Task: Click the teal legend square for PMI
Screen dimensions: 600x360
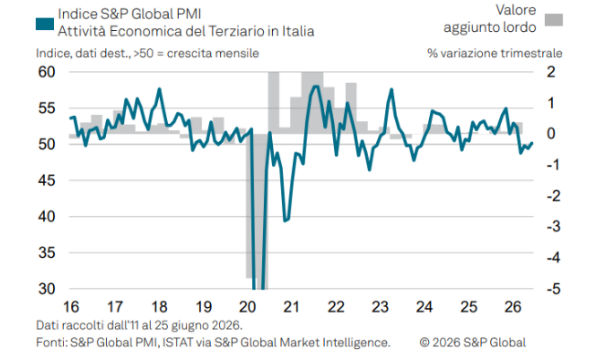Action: click(45, 24)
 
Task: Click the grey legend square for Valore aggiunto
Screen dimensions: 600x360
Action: click(554, 20)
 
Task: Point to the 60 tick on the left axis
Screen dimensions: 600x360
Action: click(47, 72)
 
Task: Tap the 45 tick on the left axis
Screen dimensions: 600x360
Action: click(47, 180)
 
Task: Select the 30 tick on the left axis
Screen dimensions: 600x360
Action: click(47, 289)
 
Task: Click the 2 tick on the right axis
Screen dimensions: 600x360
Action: click(551, 72)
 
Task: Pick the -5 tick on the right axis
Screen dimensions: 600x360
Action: click(553, 289)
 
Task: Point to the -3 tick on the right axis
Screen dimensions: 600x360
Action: click(553, 226)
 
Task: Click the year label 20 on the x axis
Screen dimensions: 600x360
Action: click(247, 307)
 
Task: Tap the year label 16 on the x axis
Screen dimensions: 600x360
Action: click(71, 307)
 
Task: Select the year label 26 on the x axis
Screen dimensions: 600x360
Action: click(513, 307)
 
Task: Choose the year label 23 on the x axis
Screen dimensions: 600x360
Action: click(380, 307)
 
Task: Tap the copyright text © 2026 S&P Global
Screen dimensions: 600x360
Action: click(473, 342)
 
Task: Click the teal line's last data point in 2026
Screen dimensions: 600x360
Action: click(532, 143)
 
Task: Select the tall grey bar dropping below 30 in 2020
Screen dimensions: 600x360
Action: click(260, 211)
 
